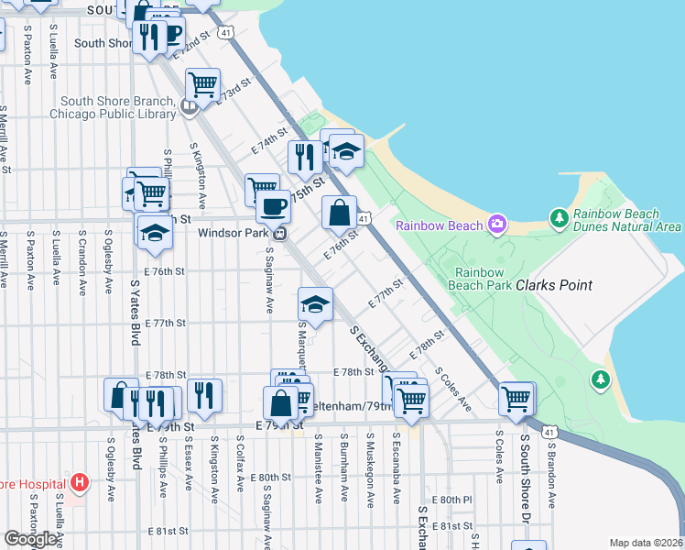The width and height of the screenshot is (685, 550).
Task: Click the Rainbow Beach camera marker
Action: [497, 223]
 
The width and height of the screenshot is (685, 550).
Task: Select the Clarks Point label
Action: [554, 286]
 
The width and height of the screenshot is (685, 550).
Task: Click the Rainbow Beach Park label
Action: [484, 279]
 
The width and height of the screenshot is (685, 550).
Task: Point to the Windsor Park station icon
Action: [282, 233]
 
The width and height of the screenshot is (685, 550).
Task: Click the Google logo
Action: [31, 539]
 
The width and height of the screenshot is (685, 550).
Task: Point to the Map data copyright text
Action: [646, 543]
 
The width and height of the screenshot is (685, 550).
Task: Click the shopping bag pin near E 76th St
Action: [339, 214]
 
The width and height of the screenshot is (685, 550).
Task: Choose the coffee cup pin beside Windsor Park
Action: [272, 208]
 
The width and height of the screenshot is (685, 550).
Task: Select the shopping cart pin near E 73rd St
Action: [202, 84]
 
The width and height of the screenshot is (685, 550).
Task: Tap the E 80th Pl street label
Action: [455, 500]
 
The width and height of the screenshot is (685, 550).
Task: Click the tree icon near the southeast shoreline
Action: [601, 379]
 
